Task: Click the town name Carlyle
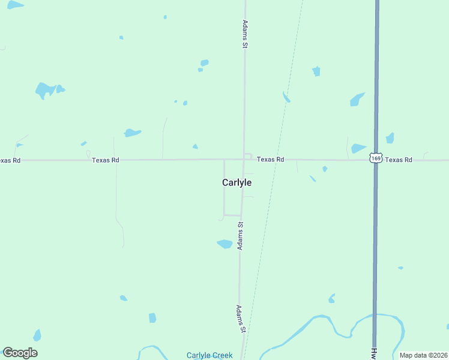pos(237,182)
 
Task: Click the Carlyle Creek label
pos(209,355)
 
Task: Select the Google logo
pos(20,353)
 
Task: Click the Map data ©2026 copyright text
pos(423,355)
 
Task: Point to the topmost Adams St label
pos(245,34)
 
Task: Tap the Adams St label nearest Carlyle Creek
pos(240,319)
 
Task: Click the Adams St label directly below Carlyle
pos(240,236)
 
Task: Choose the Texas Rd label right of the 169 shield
pos(399,160)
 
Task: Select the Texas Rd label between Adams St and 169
pos(270,160)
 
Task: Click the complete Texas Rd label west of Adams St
pos(106,160)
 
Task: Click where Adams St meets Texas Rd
pos(244,159)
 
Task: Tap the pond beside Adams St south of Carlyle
pos(224,244)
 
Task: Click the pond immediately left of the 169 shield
pos(358,148)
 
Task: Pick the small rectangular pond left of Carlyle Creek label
pos(152,317)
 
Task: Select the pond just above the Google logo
pos(37,335)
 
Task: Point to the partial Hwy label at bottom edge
pos(373,354)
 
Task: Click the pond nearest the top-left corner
pos(15,5)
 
